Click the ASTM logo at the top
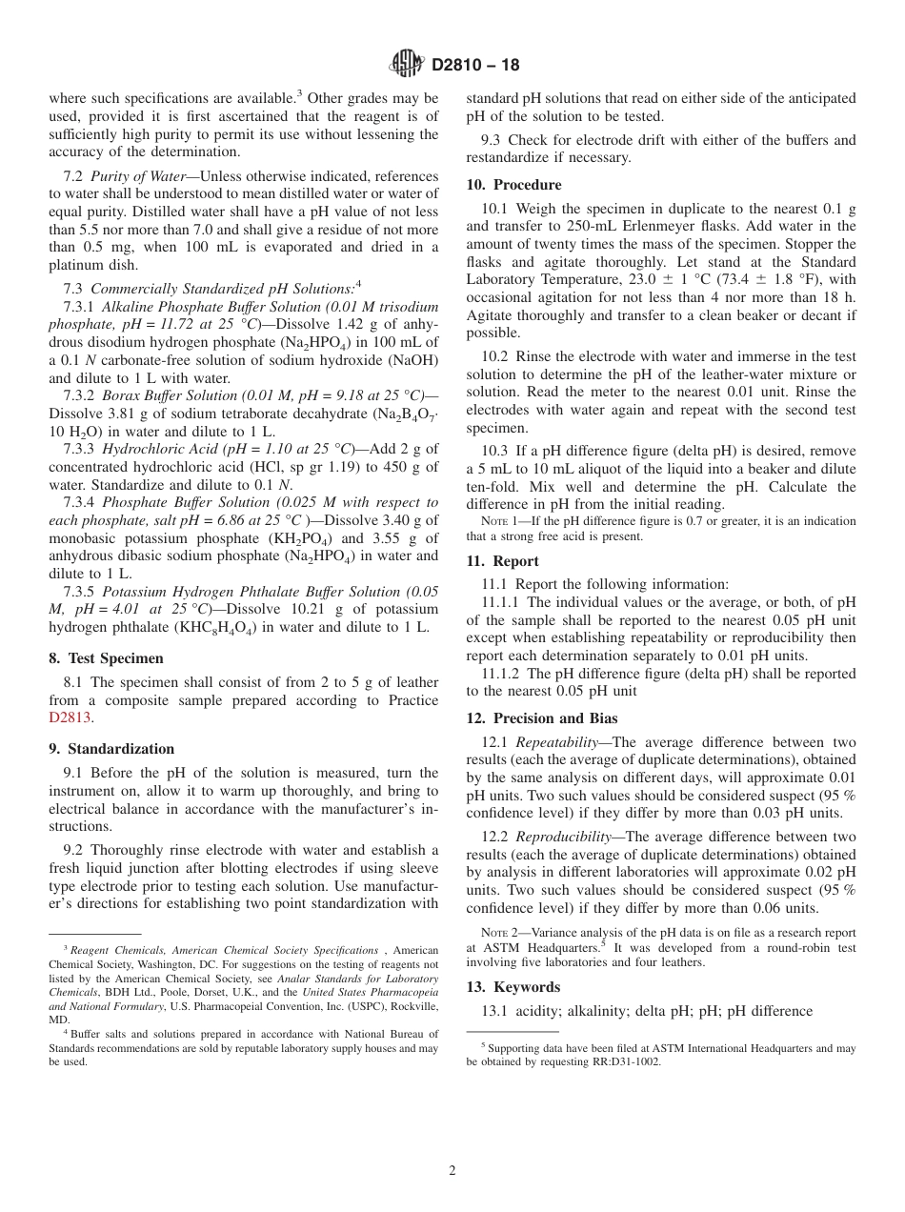(408, 65)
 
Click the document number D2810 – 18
(475, 66)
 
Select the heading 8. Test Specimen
(106, 658)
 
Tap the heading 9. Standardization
(111, 749)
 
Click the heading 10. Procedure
(513, 185)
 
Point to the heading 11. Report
(502, 561)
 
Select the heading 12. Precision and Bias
(541, 718)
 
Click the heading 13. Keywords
(513, 987)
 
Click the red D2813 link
(71, 718)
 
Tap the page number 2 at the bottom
(452, 1171)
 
